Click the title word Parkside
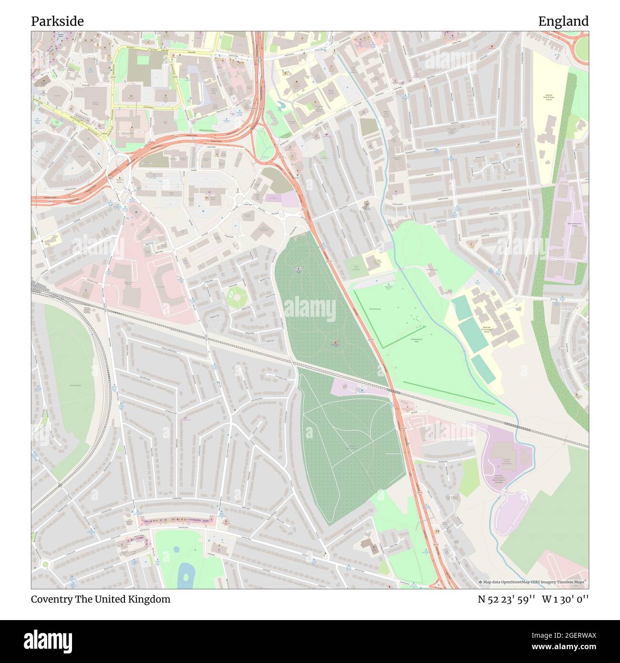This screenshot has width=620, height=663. pyautogui.click(x=57, y=21)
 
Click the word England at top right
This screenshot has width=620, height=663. pyautogui.click(x=563, y=21)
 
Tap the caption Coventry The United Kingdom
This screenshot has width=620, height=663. pyautogui.click(x=101, y=599)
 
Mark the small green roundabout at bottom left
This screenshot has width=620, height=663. pyautogui.click(x=45, y=564)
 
